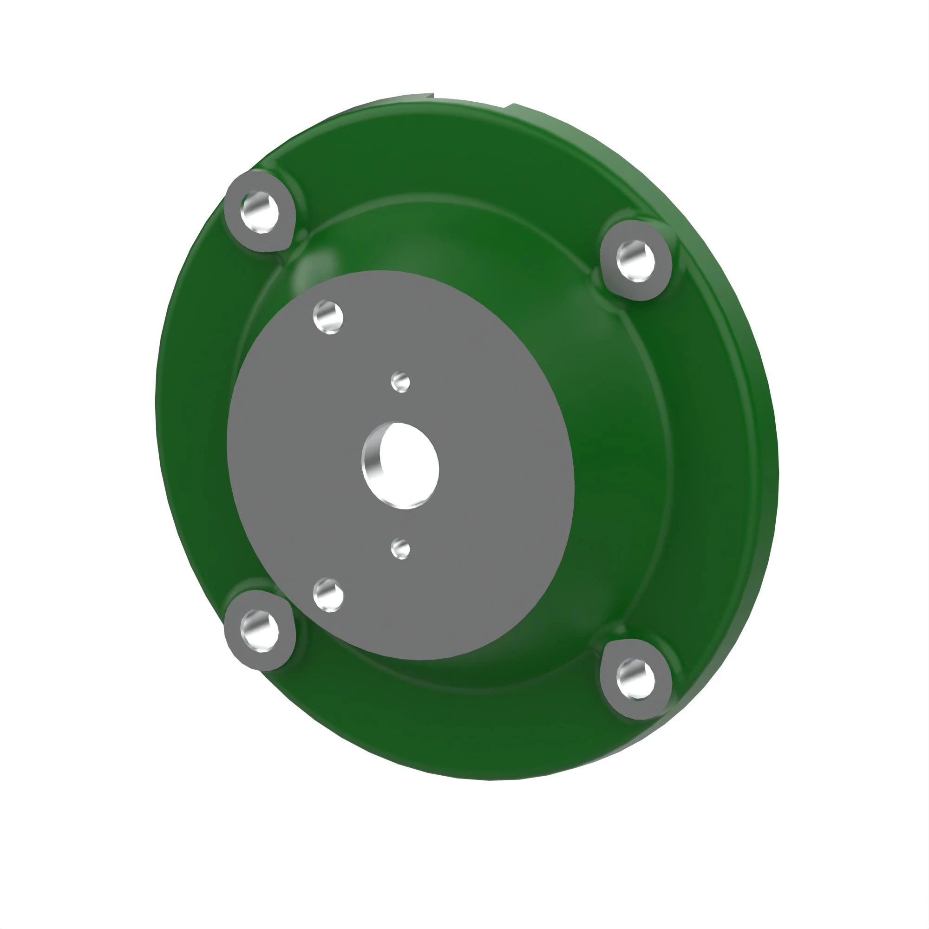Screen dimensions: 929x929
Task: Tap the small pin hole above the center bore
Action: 400,382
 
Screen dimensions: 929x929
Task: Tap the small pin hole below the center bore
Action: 400,549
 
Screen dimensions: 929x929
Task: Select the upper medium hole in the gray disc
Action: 328,317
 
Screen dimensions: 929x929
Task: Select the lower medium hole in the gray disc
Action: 328,595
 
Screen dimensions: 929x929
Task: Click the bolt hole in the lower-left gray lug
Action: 260,630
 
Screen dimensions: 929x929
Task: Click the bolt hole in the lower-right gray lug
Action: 635,679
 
